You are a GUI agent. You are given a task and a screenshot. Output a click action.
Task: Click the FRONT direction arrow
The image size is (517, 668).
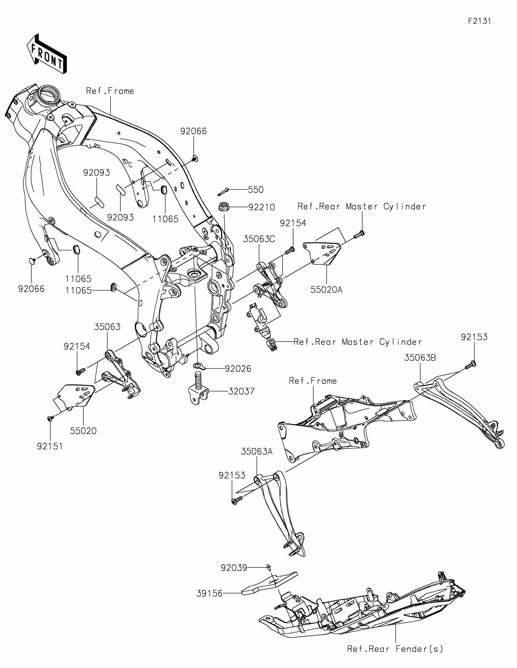coord(47,54)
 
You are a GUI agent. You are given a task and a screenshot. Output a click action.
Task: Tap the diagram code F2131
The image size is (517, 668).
coord(479,21)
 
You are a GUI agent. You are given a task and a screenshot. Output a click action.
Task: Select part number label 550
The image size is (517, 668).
coord(255,190)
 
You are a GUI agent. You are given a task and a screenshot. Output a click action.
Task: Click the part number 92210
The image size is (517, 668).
coord(262,207)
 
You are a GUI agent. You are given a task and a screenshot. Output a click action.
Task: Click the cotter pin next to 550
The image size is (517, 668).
coord(223,192)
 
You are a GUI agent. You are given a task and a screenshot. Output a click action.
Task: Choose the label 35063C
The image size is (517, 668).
coord(259,239)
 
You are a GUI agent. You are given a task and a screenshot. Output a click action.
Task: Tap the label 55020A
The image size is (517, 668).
coord(326,290)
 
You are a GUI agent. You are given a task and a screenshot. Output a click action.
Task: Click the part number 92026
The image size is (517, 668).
coord(238,369)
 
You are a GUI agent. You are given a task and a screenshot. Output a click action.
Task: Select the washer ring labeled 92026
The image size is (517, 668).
coord(198,366)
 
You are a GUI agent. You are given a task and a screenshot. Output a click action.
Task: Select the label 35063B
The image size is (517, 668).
coord(420,357)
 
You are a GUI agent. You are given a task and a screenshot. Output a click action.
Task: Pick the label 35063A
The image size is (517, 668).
coord(256,451)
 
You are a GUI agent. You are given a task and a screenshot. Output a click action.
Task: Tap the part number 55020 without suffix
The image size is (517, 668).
coord(83,431)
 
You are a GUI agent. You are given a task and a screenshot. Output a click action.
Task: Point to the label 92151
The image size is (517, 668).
coord(50,446)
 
